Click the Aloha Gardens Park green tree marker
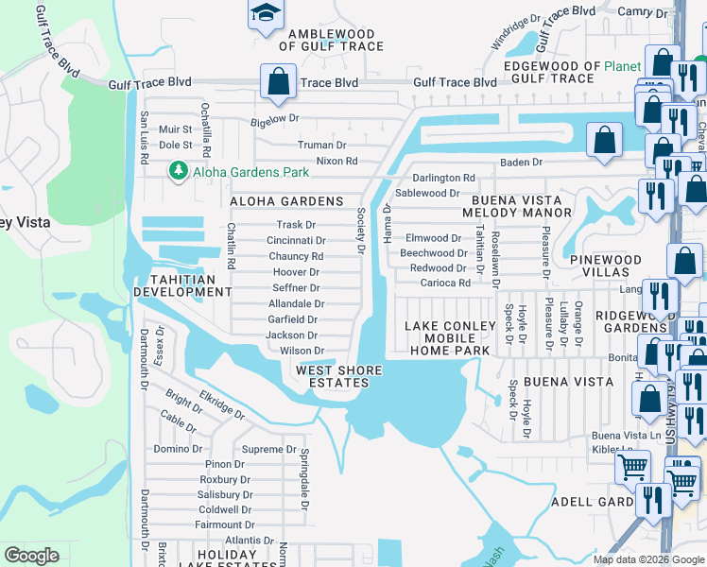tap(177, 171)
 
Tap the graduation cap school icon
tap(266, 12)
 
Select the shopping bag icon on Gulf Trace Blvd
tap(279, 82)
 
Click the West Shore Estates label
tap(338, 376)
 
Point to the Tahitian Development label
tap(182, 285)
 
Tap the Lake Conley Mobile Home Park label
tap(450, 338)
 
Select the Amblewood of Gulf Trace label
tap(336, 40)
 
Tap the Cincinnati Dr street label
tap(296, 241)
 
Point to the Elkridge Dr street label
tap(222, 405)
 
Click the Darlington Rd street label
tap(443, 178)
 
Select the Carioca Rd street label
tap(445, 283)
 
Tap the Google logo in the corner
tap(32, 556)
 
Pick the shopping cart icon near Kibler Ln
tap(632, 467)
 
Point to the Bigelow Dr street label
tap(274, 119)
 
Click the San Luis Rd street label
tap(145, 139)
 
